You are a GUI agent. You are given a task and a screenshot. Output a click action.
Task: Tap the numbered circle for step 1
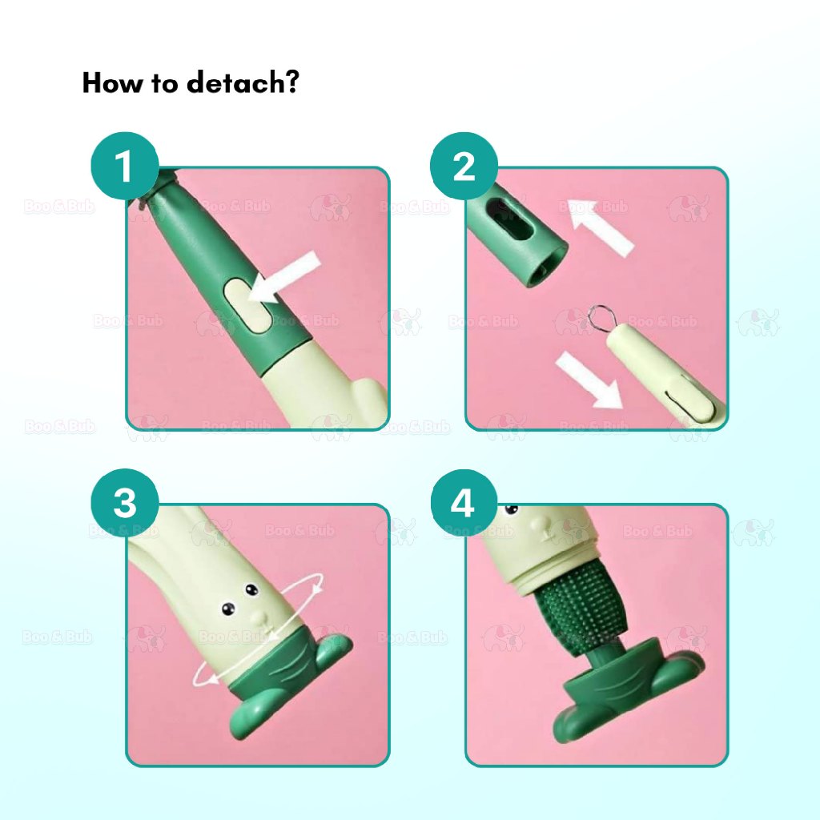tap(125, 167)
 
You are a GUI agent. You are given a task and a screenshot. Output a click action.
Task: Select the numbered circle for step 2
tap(464, 167)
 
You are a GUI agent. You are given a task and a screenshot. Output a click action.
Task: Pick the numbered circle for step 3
tap(125, 503)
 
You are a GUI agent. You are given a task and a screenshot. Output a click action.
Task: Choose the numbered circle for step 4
tap(464, 503)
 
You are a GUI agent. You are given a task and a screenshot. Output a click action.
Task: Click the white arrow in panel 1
tap(284, 277)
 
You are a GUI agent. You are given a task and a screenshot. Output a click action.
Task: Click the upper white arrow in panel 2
tap(601, 227)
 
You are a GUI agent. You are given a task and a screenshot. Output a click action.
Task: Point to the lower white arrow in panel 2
tap(589, 379)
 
